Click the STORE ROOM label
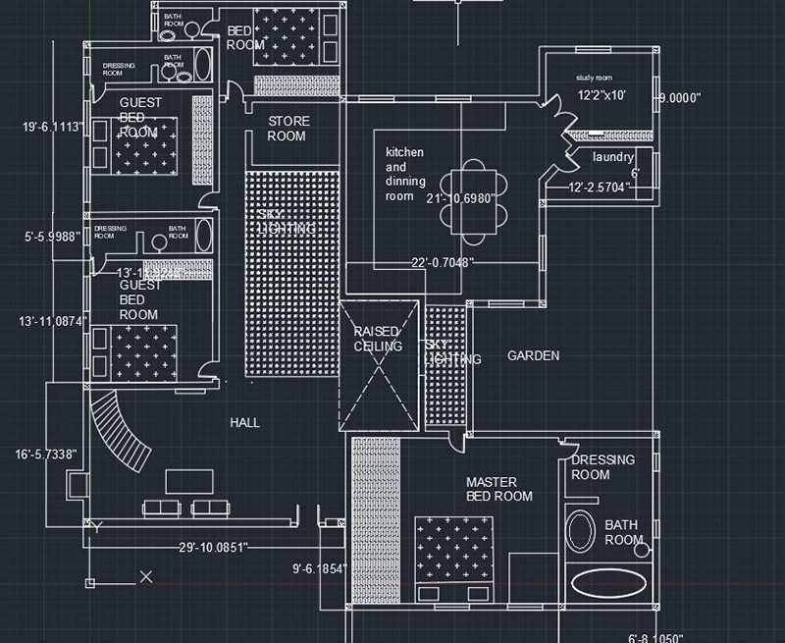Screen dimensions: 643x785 288,129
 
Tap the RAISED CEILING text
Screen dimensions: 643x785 378,340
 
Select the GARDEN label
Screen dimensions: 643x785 533,355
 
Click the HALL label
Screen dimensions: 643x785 244,422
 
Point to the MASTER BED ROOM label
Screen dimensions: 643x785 498,489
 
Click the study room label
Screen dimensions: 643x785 594,78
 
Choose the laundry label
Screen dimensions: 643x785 612,157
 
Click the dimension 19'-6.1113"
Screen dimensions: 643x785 55,127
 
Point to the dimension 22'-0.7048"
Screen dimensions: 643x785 443,262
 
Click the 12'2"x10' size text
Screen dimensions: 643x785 602,96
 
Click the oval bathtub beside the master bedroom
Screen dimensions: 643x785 611,585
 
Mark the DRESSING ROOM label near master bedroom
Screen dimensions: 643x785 602,467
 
